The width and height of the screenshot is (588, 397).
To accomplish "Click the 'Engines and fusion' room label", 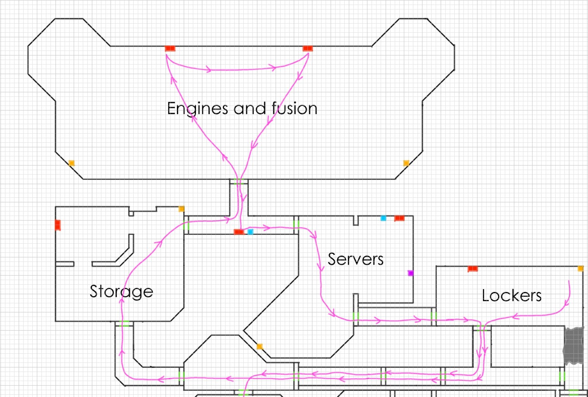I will point(242,109).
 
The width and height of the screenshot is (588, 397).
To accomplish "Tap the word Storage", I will point(121,291).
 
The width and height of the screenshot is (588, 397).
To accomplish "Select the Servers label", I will point(356,259).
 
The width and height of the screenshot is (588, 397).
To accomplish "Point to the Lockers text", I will point(512,296).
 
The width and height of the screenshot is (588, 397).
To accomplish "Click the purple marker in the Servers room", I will point(411,273).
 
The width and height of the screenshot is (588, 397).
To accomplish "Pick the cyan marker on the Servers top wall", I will point(383,218).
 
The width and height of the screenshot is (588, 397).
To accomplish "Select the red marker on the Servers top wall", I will point(399,218).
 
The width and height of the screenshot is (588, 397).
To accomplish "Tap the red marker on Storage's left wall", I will point(58,225).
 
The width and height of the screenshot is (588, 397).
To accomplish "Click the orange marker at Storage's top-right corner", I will point(181,209).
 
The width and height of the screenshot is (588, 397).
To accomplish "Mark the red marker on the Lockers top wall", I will point(473,269).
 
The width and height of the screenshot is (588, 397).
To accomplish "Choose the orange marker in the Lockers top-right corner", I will point(580,269).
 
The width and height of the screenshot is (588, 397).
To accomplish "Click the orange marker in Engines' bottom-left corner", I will point(71,163).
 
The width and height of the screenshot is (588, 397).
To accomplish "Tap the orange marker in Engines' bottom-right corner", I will point(406,163).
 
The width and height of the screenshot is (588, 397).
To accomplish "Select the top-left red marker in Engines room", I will point(170,48).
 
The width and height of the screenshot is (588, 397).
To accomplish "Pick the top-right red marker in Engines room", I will point(308,48).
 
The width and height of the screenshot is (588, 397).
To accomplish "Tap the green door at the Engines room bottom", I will point(239,182).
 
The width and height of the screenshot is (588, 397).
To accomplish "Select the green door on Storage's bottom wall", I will point(124,324).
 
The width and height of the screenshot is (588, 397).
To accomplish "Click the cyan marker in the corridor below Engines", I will point(250,232).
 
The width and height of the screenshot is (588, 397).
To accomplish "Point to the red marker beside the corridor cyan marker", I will point(239,232).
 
